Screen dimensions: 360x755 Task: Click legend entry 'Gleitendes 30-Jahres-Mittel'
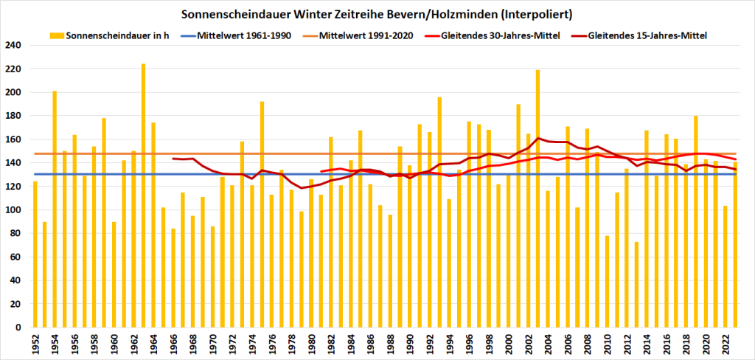click(501, 35)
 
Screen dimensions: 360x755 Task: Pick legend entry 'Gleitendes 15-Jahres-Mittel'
click(648, 35)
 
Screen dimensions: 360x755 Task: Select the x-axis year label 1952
click(35, 343)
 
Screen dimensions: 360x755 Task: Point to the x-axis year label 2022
click(726, 343)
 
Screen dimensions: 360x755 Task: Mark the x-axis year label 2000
click(509, 343)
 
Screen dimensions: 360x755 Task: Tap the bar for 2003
click(538, 198)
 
